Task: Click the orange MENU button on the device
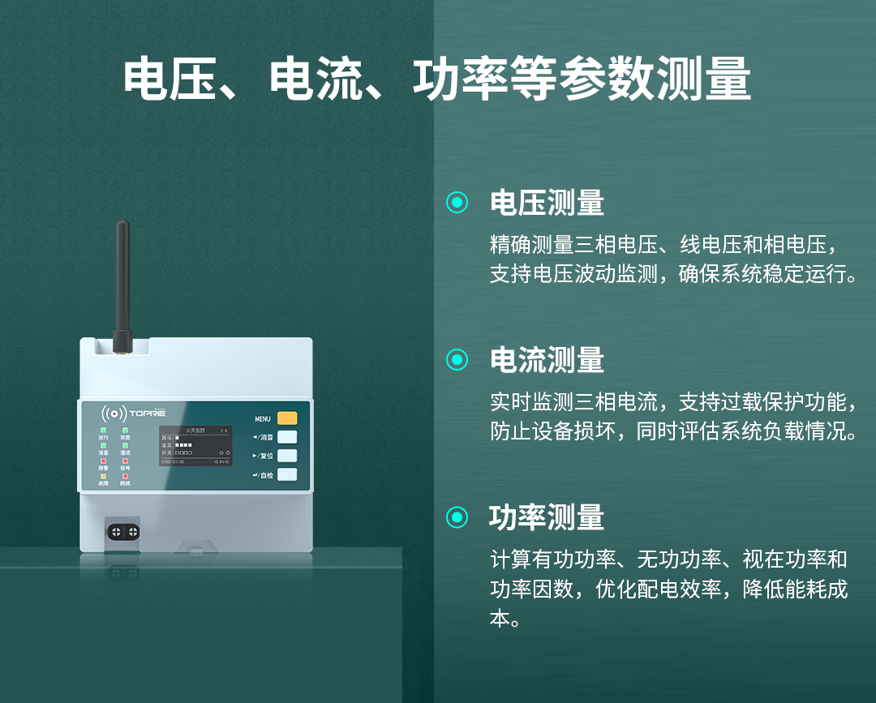point(287,418)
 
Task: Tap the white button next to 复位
point(287,456)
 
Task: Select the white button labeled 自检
point(287,475)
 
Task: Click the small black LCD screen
point(195,445)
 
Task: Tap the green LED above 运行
point(103,430)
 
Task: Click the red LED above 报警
point(103,461)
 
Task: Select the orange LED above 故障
point(103,476)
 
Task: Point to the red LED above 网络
point(125,476)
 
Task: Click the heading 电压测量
point(547,203)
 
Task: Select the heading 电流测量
point(547,360)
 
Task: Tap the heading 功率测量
point(547,517)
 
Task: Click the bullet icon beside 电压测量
point(457,203)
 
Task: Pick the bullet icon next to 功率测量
point(457,517)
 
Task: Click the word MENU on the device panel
point(263,419)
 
